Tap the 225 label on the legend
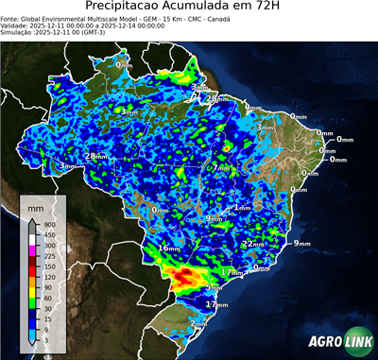(x=52, y=256)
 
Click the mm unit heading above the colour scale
(x=37, y=206)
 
